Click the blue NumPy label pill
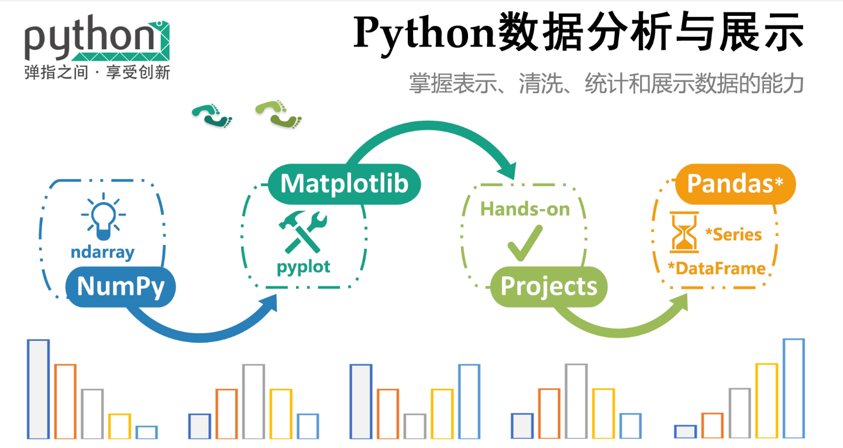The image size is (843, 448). [x=121, y=287]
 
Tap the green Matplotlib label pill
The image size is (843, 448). [x=344, y=184]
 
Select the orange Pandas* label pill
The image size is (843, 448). [x=735, y=183]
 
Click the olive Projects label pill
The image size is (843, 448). [x=549, y=286]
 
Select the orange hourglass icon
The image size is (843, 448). [x=684, y=232]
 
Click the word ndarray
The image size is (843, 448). [x=102, y=252]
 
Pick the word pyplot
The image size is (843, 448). [x=304, y=266]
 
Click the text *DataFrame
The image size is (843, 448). [x=716, y=269]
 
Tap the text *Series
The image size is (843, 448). [x=734, y=234]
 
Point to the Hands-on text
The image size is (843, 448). [x=525, y=209]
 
